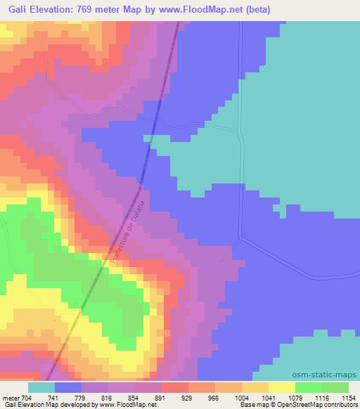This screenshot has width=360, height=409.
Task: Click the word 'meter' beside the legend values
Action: point(11,397)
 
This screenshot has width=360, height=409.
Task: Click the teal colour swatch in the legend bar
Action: point(41,387)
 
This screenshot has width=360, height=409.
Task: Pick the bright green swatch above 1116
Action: point(308,387)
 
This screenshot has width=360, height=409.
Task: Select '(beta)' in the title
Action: point(259,9)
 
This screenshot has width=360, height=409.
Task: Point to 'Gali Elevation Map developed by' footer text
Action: point(49,405)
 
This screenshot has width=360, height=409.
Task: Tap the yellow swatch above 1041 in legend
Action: point(255,387)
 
